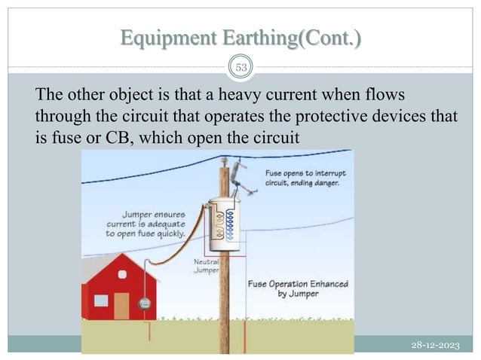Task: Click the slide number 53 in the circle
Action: (x=241, y=68)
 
